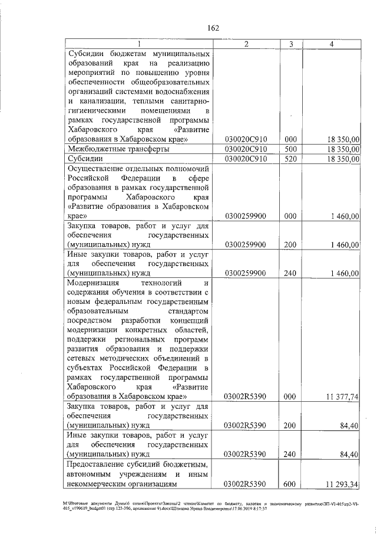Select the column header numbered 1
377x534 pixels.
tap(139, 44)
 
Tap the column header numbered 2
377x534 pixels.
tap(246, 44)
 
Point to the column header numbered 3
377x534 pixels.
tap(290, 44)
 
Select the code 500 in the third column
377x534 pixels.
tap(290, 149)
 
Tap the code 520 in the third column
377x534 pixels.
tap(290, 159)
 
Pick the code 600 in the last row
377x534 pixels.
tap(290, 484)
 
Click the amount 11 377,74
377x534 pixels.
tap(341, 397)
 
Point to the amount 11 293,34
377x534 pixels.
tap(341, 484)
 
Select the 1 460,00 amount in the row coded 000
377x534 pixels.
tap(344, 216)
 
